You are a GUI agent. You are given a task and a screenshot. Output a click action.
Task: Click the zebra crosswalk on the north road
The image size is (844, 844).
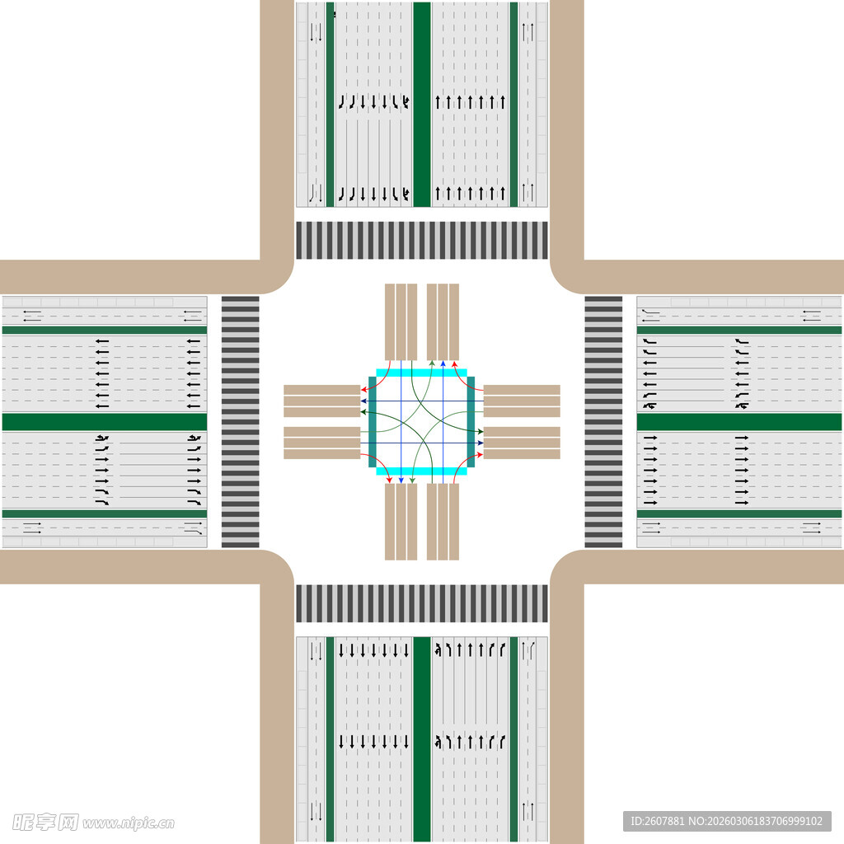pos(421,240)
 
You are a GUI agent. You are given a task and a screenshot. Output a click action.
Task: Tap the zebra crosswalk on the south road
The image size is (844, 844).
pos(421,603)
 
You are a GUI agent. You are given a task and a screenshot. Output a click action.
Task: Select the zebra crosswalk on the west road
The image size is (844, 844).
pos(240,421)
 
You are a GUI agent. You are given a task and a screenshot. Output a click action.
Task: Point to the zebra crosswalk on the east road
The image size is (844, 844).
pos(603,421)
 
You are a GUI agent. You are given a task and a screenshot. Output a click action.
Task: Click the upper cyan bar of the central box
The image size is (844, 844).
pos(421,373)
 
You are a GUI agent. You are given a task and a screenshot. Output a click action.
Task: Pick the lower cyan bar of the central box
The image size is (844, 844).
pos(421,471)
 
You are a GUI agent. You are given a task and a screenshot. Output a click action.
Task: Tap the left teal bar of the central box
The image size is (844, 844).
pos(373,421)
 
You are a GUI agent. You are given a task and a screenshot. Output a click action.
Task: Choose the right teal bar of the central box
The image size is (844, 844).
pos(471,421)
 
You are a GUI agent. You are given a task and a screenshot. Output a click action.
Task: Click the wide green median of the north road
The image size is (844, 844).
pos(421,103)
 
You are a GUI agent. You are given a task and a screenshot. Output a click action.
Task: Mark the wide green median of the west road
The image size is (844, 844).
pos(104,422)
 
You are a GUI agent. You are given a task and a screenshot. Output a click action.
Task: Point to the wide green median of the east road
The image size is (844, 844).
pos(739,422)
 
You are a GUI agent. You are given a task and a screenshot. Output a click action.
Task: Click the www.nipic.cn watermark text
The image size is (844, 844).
pos(128,823)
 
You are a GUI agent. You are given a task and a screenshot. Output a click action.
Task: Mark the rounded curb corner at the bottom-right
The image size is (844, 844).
pos(566,566)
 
